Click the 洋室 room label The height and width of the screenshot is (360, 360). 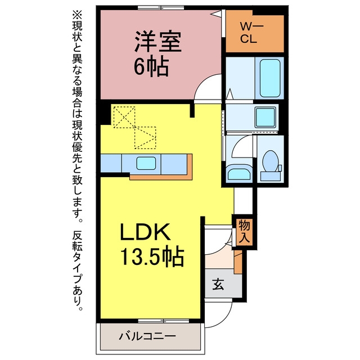(x=158, y=42)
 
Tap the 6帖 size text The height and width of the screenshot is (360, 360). (x=151, y=67)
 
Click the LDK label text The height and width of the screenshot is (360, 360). (x=146, y=232)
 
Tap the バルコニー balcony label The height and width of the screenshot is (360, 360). (x=147, y=336)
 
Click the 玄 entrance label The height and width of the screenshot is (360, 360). (x=218, y=285)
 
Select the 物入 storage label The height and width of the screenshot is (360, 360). (x=244, y=231)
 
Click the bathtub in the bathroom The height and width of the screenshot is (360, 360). (x=270, y=78)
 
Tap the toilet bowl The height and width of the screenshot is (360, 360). (x=271, y=161)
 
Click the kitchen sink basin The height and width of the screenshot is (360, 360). (x=146, y=163)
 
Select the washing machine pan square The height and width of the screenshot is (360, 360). (x=265, y=118)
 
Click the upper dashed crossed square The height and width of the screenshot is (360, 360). (x=124, y=117)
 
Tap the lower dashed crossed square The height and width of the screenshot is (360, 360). (x=145, y=138)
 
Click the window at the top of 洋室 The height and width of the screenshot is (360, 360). (x=161, y=7)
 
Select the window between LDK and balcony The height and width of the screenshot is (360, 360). (x=164, y=321)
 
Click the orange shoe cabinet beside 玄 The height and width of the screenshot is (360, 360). (x=238, y=262)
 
